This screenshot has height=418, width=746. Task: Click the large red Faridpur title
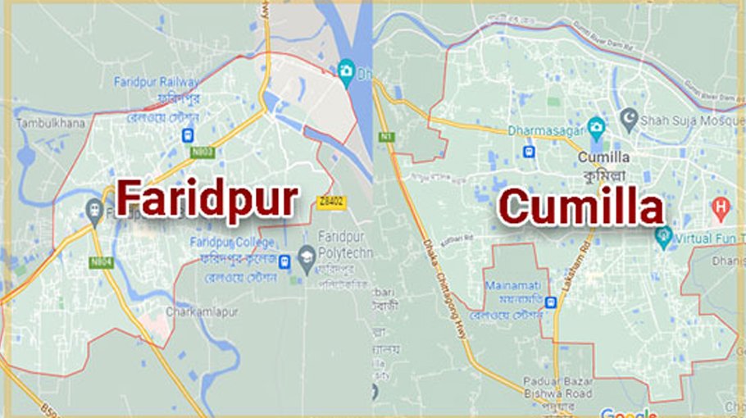[x=206, y=198]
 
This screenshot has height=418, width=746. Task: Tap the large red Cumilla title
[x=581, y=206]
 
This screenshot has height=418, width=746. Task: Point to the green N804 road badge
[x=102, y=261]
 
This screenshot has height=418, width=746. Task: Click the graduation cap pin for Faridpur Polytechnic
[x=307, y=255]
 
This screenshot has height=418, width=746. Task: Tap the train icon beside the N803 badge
[x=189, y=135]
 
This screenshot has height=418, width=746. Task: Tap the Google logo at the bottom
[x=628, y=412]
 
